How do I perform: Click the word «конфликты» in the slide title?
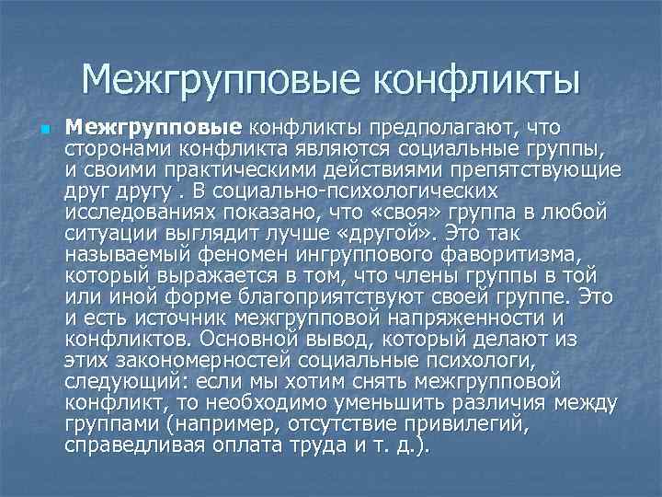(x=476, y=78)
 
